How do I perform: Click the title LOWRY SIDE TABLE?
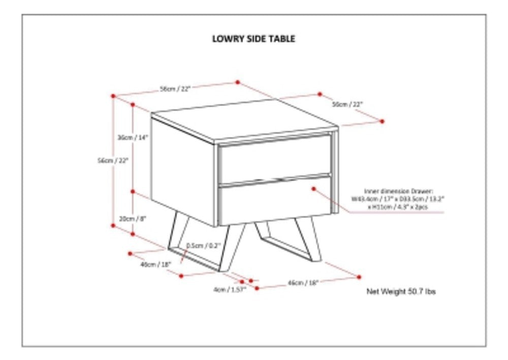(x=253, y=39)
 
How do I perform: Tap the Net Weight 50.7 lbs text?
(x=401, y=292)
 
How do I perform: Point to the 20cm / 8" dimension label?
(x=132, y=218)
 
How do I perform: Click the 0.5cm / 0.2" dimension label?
(x=203, y=246)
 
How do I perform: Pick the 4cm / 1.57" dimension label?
(x=230, y=289)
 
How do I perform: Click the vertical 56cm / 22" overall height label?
(x=113, y=160)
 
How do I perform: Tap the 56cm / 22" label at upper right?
(x=348, y=104)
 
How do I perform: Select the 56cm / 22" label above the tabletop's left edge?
(x=175, y=88)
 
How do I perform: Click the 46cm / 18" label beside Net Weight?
(x=303, y=283)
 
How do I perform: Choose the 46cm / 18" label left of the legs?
(x=155, y=264)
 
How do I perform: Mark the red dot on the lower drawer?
(x=314, y=189)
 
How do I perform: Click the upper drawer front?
(x=274, y=159)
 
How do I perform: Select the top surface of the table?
(x=244, y=119)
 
